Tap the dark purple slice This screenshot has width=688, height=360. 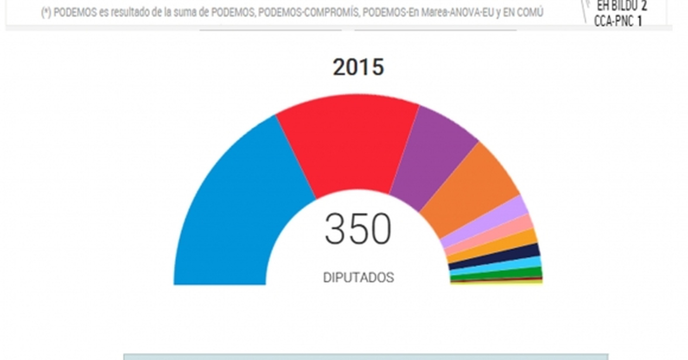(430, 158)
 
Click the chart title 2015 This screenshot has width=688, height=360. (358, 67)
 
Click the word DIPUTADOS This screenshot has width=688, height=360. (358, 277)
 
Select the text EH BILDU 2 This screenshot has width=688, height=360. (622, 6)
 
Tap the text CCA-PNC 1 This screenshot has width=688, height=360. (618, 21)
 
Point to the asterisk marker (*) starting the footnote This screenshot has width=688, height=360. (46, 13)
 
